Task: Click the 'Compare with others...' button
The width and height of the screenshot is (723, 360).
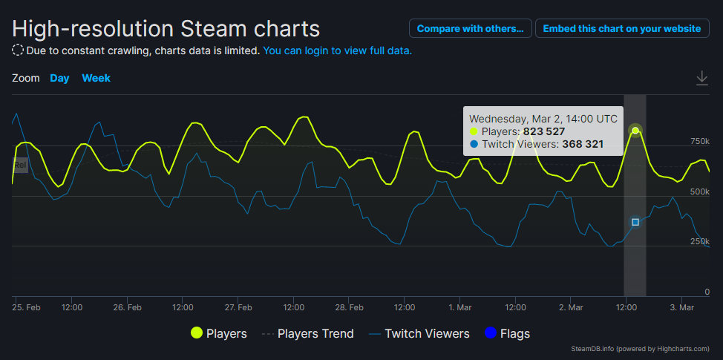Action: (470, 28)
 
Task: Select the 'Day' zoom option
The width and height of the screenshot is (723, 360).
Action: (59, 78)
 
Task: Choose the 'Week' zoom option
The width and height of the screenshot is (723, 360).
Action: (96, 78)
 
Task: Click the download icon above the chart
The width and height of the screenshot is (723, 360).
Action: (702, 78)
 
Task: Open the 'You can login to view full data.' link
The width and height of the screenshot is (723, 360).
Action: (338, 50)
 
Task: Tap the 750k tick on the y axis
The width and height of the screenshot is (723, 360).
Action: (700, 141)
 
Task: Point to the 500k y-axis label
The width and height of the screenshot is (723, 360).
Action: (700, 192)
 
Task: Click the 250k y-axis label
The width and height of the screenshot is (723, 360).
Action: (700, 242)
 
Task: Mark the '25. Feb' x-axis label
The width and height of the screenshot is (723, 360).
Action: (27, 307)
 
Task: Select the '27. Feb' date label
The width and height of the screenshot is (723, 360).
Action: (238, 307)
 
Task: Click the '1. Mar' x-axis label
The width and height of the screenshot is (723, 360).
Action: (459, 307)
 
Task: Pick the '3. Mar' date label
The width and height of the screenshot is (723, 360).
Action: (681, 307)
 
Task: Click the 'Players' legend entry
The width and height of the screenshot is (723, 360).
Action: (219, 334)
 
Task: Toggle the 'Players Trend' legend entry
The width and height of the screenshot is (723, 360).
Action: (307, 334)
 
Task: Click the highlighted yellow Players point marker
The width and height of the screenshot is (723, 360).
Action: (635, 131)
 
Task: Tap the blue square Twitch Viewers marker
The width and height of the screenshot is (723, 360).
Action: (635, 222)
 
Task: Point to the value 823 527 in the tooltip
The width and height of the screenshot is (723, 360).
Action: (544, 131)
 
